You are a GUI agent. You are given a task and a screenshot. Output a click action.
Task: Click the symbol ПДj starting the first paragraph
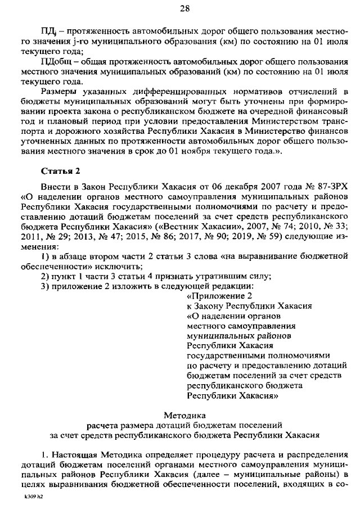click(47, 29)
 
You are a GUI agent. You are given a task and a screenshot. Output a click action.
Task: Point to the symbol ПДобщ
click(56, 61)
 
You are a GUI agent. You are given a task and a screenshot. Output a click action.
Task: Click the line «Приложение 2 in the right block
click(219, 296)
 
